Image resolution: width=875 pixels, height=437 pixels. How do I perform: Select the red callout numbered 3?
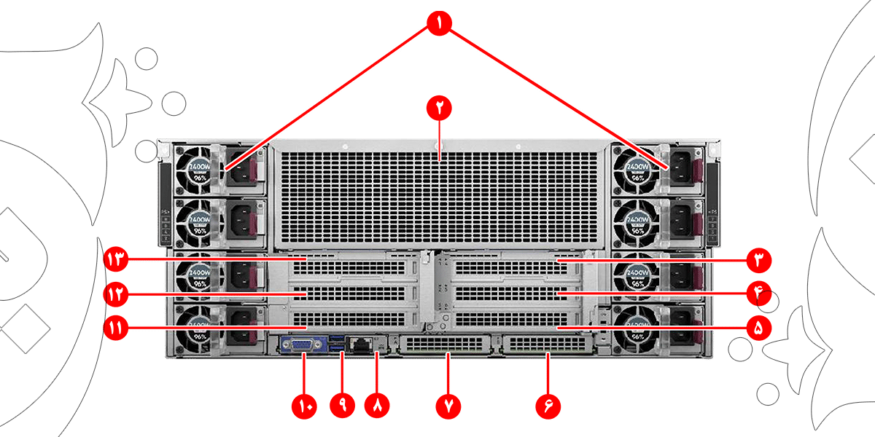[758, 259]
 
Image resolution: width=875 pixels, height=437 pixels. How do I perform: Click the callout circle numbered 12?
[117, 294]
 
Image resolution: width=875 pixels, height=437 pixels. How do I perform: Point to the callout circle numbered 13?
[117, 259]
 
